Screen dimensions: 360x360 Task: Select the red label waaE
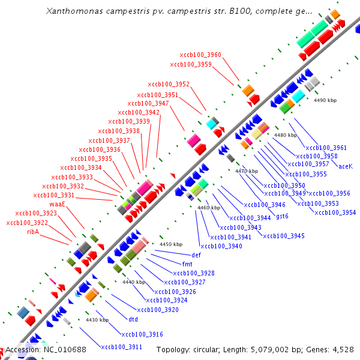click(x=57, y=204)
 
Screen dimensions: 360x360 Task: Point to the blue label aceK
click(x=346, y=166)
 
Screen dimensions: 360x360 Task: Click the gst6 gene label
click(x=282, y=216)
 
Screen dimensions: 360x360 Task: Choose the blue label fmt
click(x=187, y=263)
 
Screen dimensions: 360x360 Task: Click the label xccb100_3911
click(x=121, y=347)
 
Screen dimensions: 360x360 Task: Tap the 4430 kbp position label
click(x=97, y=320)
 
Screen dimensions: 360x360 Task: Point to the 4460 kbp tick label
click(x=209, y=208)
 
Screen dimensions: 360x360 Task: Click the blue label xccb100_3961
click(x=326, y=148)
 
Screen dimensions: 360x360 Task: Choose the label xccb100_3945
click(x=284, y=236)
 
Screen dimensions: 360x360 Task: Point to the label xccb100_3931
click(x=54, y=195)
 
